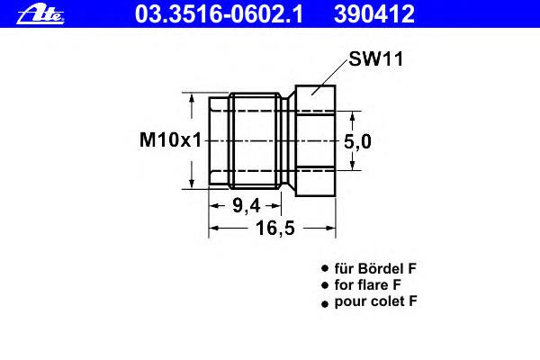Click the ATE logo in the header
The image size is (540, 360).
40,15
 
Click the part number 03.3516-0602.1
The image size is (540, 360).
219,14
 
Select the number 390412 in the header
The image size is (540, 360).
374,14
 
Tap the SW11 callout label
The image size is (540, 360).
375,58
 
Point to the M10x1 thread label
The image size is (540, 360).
170,140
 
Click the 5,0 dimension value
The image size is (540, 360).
357,141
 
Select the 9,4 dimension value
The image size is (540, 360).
247,206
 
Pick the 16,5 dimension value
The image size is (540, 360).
275,228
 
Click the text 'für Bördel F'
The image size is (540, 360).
375,269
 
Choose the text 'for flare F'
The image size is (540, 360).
367,285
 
